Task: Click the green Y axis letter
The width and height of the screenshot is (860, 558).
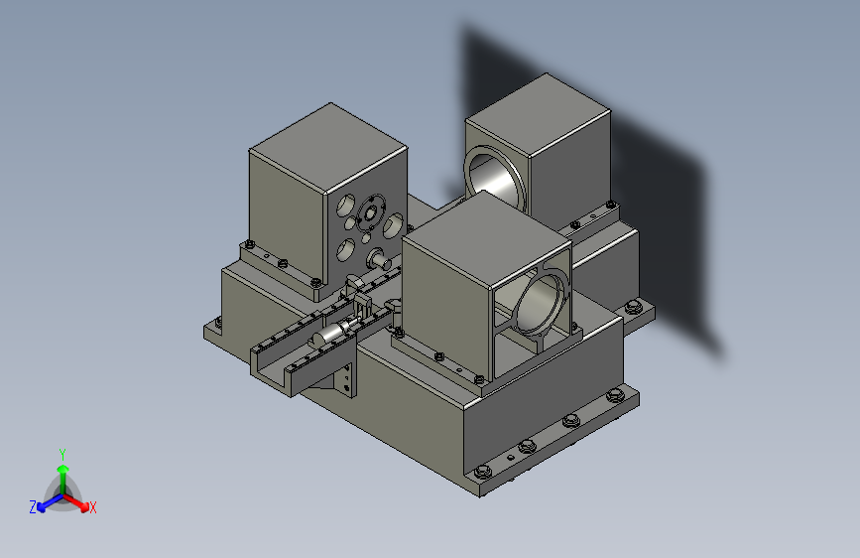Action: pos(61,454)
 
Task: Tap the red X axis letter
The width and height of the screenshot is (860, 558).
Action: pos(92,507)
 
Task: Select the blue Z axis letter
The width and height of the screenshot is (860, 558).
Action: pos(33,507)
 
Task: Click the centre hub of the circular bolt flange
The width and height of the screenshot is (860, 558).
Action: pos(370,213)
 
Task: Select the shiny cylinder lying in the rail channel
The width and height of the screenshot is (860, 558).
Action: pos(332,333)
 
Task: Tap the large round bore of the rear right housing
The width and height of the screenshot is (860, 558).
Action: pos(495,180)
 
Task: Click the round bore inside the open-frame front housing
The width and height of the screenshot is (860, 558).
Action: pos(541,303)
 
